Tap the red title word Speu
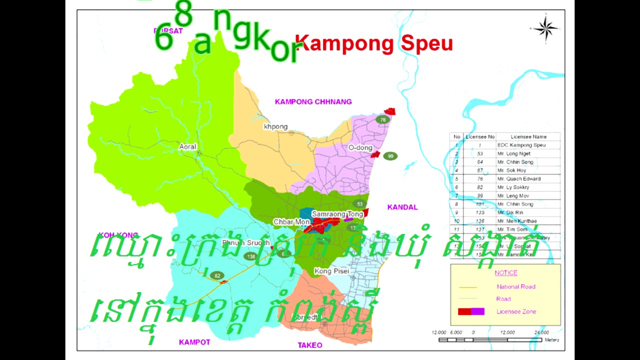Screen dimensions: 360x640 (x=426, y=44)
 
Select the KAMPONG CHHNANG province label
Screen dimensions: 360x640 (x=313, y=102)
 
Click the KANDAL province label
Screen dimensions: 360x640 (x=402, y=207)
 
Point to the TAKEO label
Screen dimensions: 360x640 (x=310, y=345)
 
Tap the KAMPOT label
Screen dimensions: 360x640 (x=194, y=342)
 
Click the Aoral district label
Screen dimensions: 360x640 (x=188, y=147)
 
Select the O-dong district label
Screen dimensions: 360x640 (x=360, y=148)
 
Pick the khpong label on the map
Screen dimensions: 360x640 (x=275, y=126)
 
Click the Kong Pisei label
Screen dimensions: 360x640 (x=331, y=271)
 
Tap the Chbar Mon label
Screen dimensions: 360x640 (x=291, y=221)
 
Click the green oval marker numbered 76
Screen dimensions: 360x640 (x=383, y=119)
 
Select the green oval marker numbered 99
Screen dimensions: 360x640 (x=390, y=156)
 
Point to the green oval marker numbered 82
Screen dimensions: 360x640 (x=217, y=275)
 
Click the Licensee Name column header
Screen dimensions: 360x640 (x=528, y=136)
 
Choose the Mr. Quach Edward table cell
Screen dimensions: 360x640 (x=518, y=178)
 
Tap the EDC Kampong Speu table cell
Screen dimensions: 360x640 (x=521, y=145)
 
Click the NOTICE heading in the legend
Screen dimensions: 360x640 (x=506, y=273)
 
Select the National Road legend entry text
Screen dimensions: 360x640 (x=516, y=286)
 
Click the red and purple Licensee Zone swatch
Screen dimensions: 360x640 (x=471, y=311)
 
